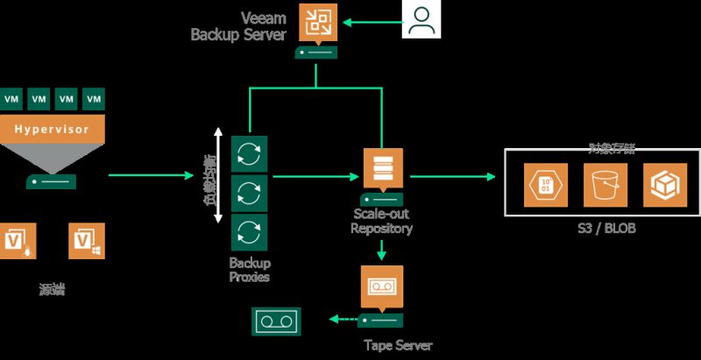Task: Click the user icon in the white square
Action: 421,20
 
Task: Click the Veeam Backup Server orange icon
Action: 315,23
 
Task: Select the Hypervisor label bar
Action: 53,129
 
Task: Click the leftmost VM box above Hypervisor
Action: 12,98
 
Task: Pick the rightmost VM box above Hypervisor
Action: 93,98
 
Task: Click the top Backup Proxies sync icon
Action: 249,154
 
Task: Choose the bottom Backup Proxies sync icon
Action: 249,233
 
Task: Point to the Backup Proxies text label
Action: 250,270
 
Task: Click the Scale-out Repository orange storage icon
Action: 383,167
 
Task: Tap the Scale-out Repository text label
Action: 381,222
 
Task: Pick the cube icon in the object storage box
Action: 662,185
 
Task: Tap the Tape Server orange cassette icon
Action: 382,286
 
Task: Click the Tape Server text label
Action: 398,345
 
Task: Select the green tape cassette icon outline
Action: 276,321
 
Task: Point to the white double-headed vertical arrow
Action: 218,175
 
